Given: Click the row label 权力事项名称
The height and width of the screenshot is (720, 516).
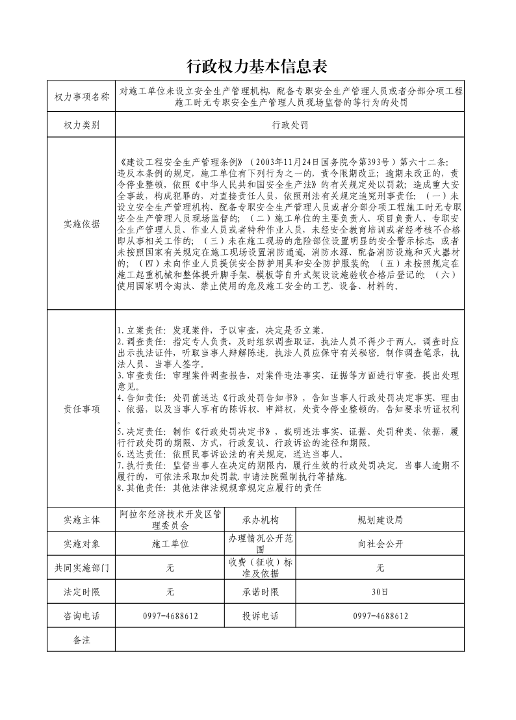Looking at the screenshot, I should (81, 97).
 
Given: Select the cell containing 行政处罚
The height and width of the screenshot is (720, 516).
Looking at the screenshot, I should (290, 125).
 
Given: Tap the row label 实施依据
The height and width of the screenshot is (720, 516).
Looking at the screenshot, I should (81, 224).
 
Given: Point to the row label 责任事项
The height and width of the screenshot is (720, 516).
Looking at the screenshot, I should (81, 409).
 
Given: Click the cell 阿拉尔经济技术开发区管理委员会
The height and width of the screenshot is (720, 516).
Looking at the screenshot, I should (170, 519).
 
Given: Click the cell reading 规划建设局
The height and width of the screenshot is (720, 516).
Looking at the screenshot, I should (380, 520).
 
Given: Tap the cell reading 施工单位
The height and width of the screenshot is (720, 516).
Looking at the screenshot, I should (170, 544).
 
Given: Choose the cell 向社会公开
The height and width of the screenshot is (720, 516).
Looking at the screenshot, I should (380, 544).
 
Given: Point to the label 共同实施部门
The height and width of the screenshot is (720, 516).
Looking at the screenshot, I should (81, 568).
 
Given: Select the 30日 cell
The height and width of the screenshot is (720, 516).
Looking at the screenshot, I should (380, 592).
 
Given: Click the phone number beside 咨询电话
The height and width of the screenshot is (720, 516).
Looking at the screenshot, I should (170, 616).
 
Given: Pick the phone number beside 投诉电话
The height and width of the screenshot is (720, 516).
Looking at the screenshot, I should (380, 616).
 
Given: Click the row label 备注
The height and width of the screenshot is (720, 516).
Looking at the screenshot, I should (81, 640).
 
